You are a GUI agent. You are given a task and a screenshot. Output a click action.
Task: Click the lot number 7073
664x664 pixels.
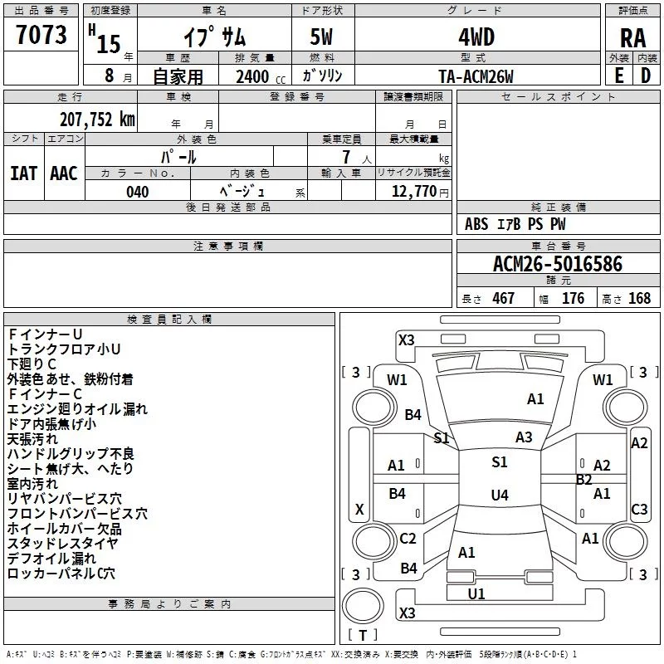(41, 36)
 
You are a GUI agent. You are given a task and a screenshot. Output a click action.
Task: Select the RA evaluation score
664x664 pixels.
(632, 38)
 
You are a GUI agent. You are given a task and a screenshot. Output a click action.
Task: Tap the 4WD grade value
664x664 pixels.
(476, 37)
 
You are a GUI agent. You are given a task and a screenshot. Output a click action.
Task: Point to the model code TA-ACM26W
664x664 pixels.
(476, 76)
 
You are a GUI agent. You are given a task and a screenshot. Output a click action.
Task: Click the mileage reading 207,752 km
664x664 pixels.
(97, 119)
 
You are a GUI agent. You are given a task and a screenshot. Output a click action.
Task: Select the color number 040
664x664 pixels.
(138, 192)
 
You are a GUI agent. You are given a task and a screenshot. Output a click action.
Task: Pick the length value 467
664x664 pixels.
(503, 298)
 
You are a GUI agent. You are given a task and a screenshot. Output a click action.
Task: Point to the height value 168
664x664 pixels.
(639, 298)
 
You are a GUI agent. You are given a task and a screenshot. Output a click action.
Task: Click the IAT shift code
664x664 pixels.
(23, 173)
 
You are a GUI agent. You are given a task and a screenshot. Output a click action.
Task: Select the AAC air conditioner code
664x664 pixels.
(63, 173)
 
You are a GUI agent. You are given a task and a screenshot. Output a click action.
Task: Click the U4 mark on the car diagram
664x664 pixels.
(499, 496)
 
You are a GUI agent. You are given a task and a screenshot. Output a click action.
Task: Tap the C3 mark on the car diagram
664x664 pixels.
(639, 510)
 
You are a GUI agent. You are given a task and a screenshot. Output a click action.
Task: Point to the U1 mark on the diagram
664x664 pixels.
(476, 594)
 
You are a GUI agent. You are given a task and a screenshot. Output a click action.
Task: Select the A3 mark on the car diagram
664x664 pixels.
(524, 437)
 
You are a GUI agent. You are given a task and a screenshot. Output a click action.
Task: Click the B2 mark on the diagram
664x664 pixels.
(584, 480)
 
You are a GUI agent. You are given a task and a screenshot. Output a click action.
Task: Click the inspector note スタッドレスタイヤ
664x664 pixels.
(63, 544)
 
